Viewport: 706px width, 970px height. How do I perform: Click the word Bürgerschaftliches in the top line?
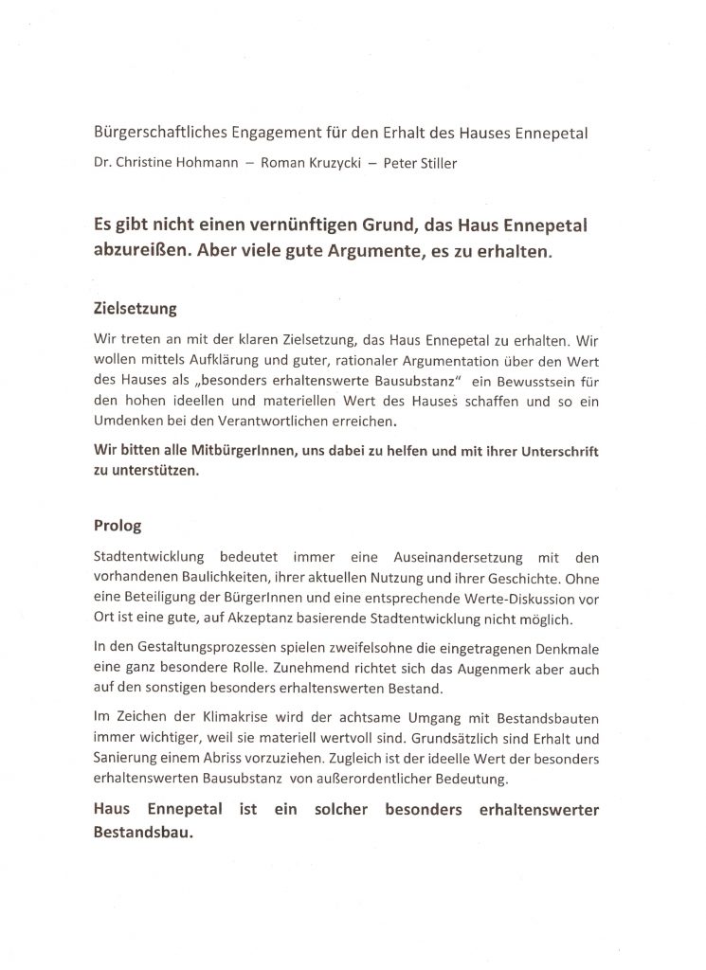154,134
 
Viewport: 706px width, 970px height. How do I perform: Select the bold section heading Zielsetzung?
136,309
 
